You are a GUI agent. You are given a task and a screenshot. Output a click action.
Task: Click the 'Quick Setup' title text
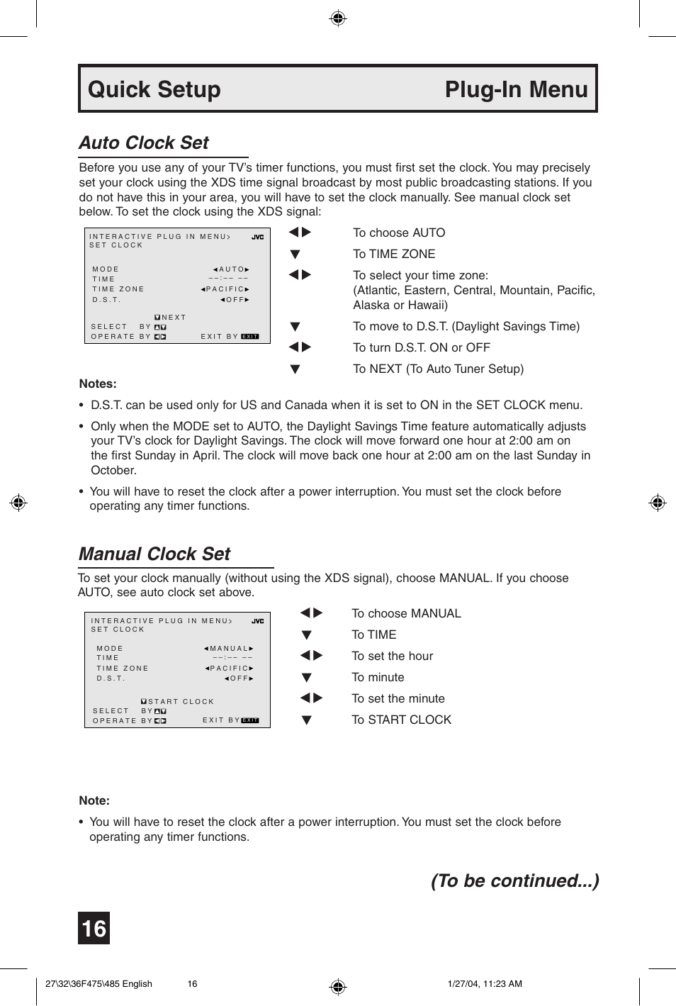pos(154,89)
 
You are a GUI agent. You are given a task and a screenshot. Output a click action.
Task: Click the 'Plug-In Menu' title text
pos(516,89)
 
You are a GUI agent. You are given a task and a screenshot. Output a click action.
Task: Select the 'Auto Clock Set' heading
pos(144,142)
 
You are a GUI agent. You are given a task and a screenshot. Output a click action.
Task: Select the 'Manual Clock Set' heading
pos(154,554)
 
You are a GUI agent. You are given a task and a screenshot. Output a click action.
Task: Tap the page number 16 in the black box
pos(94,928)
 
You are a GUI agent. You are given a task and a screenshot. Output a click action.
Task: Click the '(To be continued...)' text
pos(514,881)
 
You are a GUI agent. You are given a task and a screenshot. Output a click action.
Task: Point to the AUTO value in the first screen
pos(232,269)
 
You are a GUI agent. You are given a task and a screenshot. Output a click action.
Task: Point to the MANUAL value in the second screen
pos(228,649)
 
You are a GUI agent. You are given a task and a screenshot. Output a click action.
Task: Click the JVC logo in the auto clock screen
pos(257,237)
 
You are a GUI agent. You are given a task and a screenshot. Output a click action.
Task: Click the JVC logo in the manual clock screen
pos(257,622)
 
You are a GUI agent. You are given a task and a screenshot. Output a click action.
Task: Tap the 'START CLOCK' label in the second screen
pos(181,702)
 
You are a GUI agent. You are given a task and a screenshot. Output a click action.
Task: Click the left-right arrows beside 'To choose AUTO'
pos(300,233)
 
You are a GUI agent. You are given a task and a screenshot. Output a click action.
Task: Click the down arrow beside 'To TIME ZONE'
pos(295,255)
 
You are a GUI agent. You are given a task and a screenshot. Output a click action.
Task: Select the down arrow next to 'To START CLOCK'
pos(306,720)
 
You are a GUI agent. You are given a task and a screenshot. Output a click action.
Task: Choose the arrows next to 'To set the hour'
pos(311,656)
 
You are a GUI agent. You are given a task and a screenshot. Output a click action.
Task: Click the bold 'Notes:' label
pos(98,384)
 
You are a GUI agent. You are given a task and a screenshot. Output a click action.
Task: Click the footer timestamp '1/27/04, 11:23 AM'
pos(485,983)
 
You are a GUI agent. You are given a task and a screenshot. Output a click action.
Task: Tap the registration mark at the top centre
pos(338,18)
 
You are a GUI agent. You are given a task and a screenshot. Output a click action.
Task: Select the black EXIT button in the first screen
pos(250,337)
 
